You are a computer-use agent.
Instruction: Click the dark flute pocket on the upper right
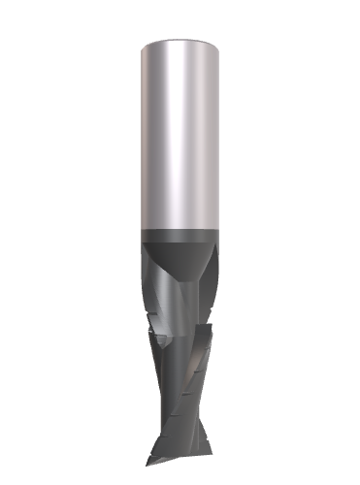point(207,267)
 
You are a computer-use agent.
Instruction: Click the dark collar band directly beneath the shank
point(180,237)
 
